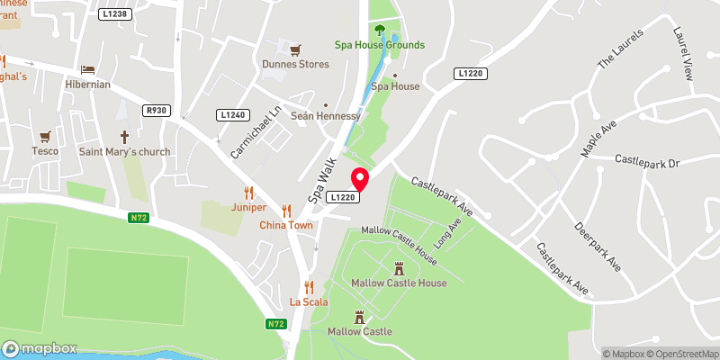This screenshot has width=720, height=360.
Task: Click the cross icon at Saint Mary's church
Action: point(124,137)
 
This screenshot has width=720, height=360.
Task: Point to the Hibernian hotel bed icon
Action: point(87,69)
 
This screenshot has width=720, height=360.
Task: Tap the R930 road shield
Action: point(157,110)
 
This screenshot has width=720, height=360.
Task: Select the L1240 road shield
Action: point(232,115)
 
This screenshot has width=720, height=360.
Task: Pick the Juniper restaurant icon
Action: point(249,192)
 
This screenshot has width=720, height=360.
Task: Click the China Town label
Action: point(286,225)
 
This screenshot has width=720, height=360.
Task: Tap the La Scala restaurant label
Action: point(309,301)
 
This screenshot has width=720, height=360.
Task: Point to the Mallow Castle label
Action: point(360,331)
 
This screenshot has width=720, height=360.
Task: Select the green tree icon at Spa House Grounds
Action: point(380,30)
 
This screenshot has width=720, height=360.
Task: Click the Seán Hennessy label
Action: point(325,117)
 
